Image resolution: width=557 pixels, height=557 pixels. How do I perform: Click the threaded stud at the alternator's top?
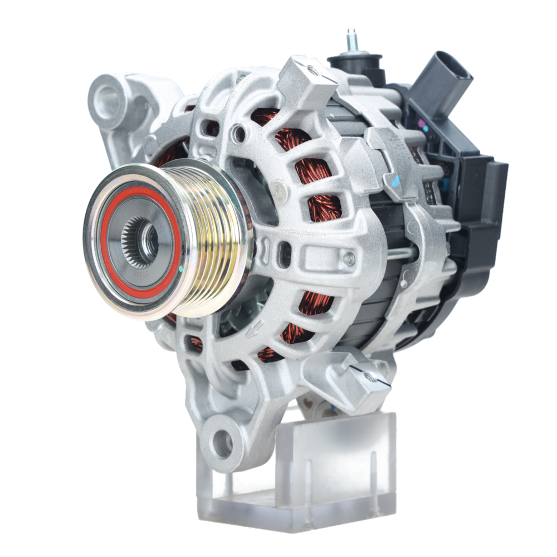pos(351,40)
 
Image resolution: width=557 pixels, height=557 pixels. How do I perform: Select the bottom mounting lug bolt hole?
pos(223,443)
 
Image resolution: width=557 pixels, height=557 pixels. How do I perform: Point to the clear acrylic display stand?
pos(312,473)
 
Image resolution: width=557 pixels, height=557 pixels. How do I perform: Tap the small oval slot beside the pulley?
pos(286,253)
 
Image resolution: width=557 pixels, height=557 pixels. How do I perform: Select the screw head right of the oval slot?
pos(349,258)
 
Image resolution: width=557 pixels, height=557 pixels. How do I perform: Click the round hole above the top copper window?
pos(240,133)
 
